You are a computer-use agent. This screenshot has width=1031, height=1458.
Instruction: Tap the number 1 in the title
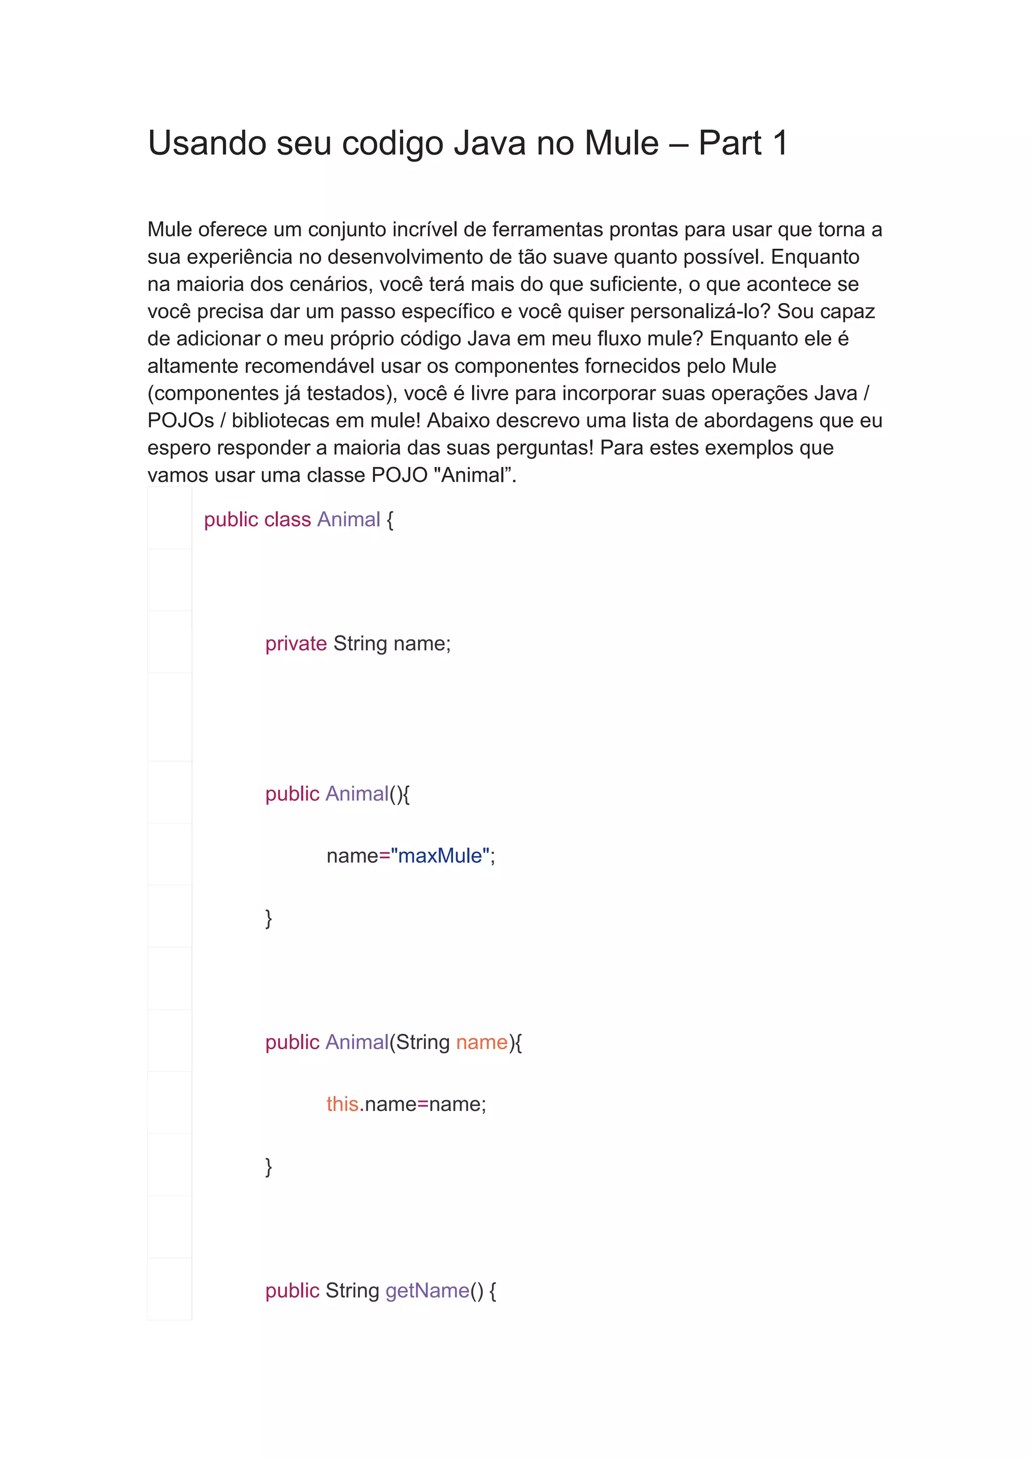780,143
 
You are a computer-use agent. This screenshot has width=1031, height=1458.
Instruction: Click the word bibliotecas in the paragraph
284,420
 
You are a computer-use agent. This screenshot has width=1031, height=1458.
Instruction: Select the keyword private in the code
296,643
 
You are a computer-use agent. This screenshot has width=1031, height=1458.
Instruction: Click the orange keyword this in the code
342,1104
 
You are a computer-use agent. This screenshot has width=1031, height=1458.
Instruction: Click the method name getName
427,1290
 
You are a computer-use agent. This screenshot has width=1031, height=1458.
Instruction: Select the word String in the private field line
360,643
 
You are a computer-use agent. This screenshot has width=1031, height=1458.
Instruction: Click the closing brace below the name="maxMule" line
268,918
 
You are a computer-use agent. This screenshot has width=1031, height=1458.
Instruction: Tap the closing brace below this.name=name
268,1166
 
